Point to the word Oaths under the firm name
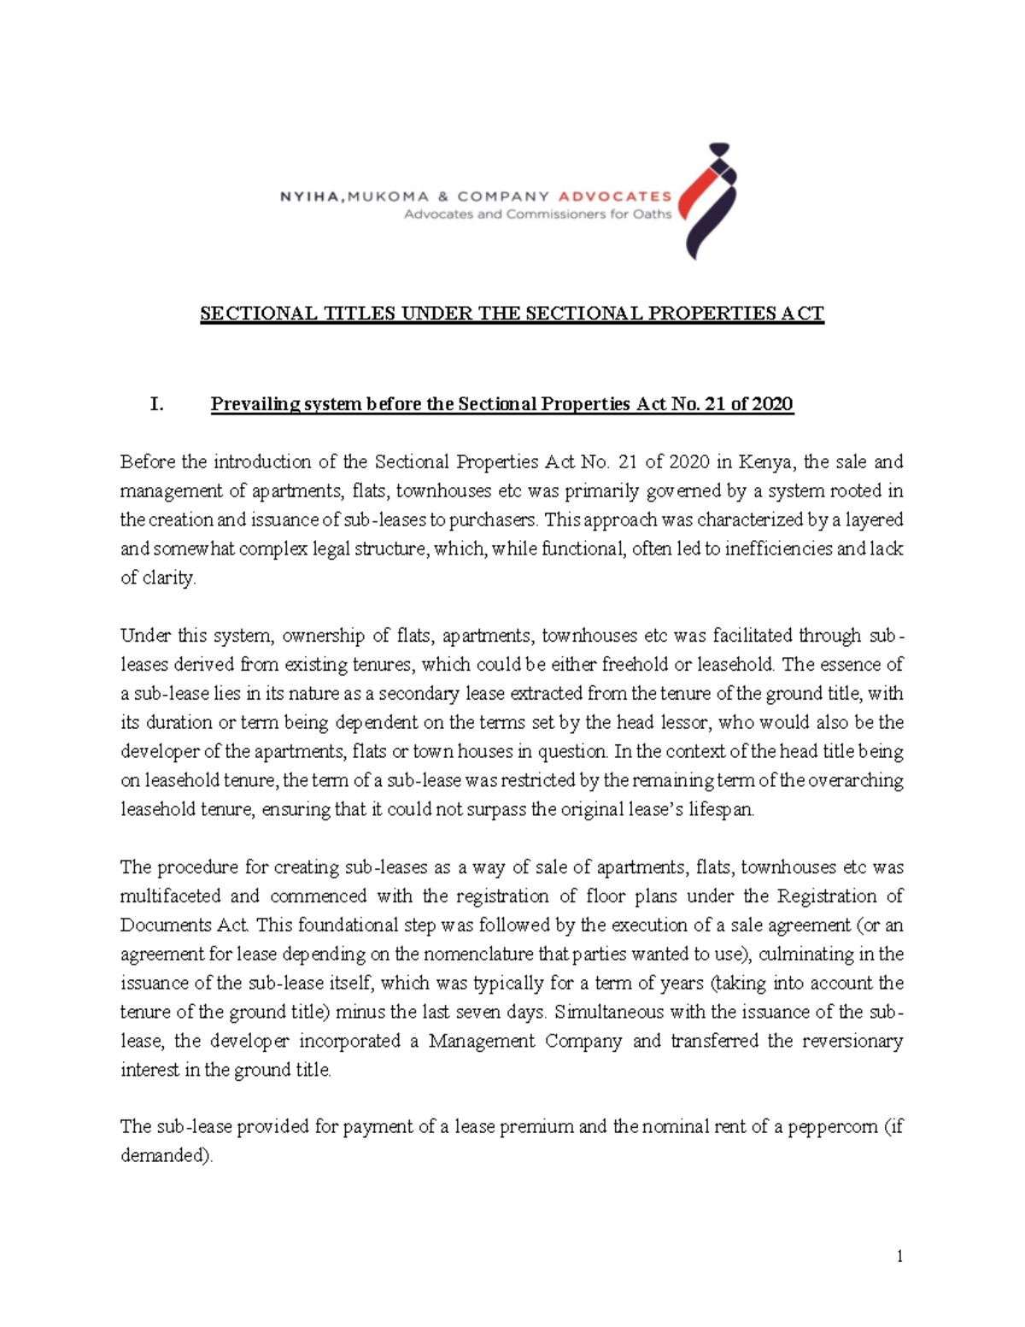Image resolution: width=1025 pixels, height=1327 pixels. coord(652,214)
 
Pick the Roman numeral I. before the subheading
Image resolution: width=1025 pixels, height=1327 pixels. coord(156,404)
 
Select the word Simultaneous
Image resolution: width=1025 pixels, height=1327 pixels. coord(606,1012)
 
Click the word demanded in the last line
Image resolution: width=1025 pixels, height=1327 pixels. coord(164,1156)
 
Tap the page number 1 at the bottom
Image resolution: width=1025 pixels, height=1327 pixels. coord(899,1256)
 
